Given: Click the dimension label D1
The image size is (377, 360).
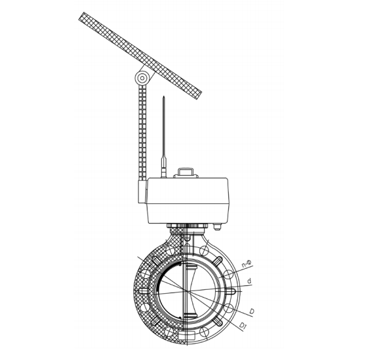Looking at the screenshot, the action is coord(243,326).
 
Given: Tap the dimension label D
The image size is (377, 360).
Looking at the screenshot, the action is coord(252,311).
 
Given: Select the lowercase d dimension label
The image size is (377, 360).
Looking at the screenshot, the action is coord(249,281).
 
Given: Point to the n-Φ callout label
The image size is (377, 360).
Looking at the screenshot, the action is coord(247,264).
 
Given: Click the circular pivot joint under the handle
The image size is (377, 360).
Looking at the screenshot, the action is coord(142,78).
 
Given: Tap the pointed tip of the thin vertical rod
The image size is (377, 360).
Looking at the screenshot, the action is coord(164,96).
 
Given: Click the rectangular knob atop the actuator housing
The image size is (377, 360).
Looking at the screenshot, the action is coord(185,172).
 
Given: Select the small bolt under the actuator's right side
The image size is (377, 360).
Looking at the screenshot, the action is coord(217,227).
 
